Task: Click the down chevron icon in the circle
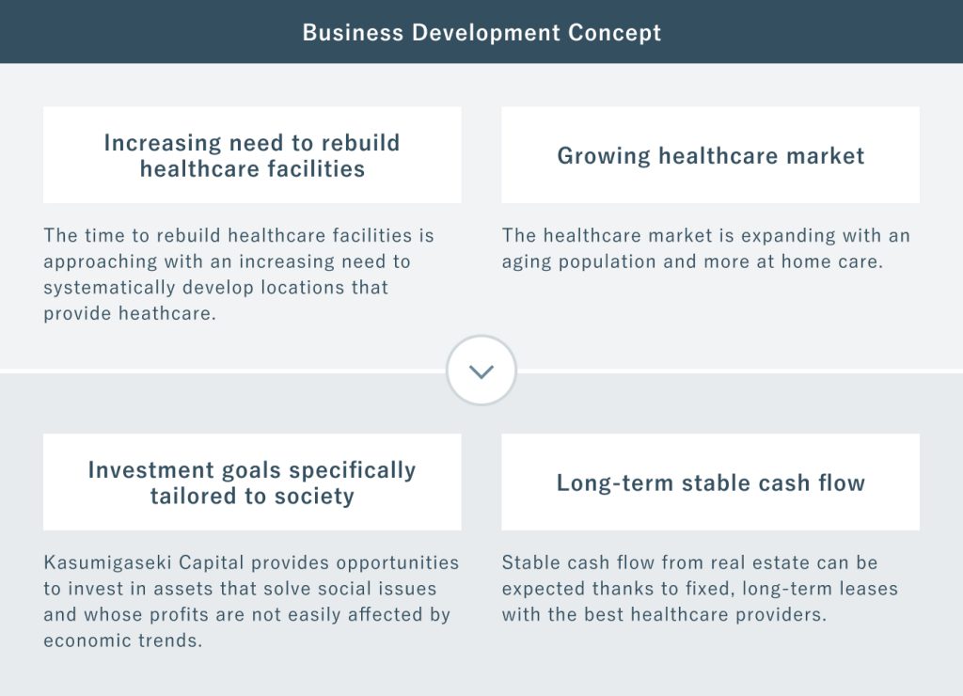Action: click(x=481, y=372)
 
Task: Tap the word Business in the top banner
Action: click(x=353, y=33)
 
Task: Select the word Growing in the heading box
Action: click(x=604, y=157)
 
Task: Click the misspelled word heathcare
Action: click(x=167, y=313)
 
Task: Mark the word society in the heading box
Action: click(x=314, y=497)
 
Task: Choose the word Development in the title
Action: click(x=486, y=33)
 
